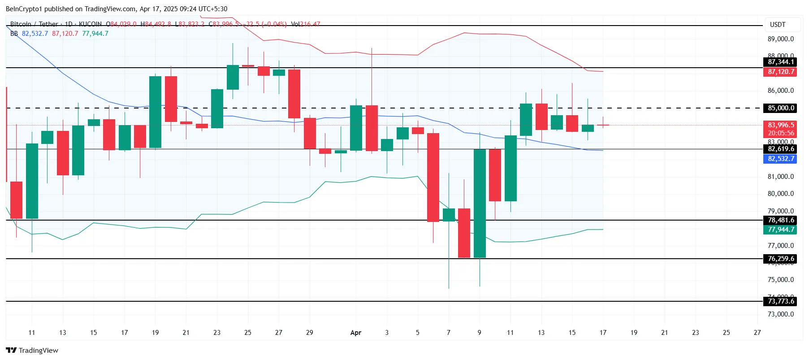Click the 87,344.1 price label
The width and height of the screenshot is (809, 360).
click(780, 62)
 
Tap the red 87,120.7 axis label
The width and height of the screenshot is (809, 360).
click(780, 72)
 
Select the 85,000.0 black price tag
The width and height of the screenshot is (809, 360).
click(780, 108)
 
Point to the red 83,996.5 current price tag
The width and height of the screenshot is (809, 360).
click(780, 125)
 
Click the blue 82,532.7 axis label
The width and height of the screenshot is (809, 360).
click(780, 159)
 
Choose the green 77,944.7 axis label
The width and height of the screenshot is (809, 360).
click(780, 230)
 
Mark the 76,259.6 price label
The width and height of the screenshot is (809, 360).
click(780, 259)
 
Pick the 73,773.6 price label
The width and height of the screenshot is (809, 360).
click(780, 301)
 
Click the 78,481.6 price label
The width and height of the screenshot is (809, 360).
click(780, 220)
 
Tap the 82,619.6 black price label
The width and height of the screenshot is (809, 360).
click(780, 149)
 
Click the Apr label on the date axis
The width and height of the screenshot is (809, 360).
click(355, 333)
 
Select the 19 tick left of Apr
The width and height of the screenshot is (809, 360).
click(155, 333)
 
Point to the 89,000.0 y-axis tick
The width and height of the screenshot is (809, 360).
click(780, 39)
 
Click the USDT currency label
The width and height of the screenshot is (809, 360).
click(778, 25)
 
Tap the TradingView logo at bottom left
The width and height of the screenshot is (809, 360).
click(32, 351)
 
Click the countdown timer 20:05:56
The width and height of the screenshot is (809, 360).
click(780, 133)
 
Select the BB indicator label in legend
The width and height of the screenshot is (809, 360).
click(14, 34)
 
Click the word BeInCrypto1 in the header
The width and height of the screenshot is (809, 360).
click(24, 9)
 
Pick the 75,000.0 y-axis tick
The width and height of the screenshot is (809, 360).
click(780, 280)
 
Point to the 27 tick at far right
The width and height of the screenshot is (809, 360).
click(757, 333)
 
